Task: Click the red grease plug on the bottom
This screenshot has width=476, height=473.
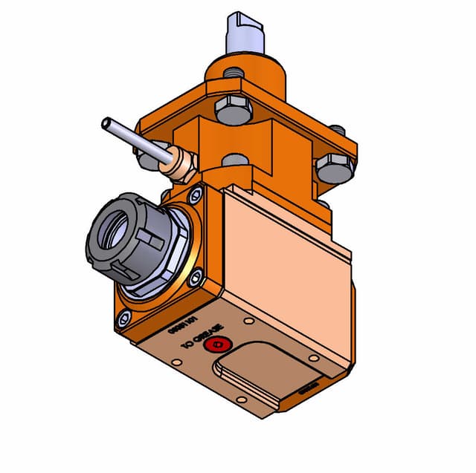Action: (x=218, y=343)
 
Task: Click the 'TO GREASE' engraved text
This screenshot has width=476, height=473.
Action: (x=205, y=338)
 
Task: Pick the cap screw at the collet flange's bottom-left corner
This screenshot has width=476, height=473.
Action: (x=122, y=321)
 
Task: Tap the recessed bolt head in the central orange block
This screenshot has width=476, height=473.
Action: (x=235, y=160)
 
